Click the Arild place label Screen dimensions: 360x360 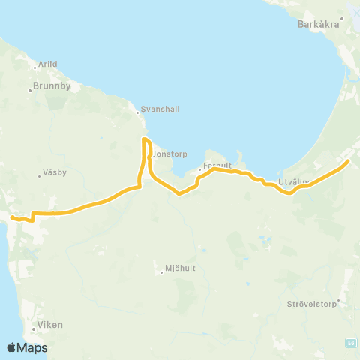pyautogui.click(x=47, y=64)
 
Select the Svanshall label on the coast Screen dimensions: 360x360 pyautogui.click(x=162, y=108)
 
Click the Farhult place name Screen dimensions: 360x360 pyautogui.click(x=215, y=167)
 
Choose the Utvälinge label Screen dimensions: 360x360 pyautogui.click(x=293, y=182)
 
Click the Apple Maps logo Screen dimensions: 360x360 pyautogui.click(x=27, y=348)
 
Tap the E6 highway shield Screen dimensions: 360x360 pyautogui.click(x=351, y=340)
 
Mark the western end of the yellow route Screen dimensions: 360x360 pyautogui.click(x=12, y=217)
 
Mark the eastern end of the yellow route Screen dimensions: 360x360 pyautogui.click(x=348, y=160)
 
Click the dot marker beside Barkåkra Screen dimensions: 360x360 pyautogui.click(x=341, y=18)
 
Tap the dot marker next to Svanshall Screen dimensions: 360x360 pyautogui.click(x=139, y=113)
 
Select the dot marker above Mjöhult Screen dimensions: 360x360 pyautogui.click(x=160, y=264)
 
